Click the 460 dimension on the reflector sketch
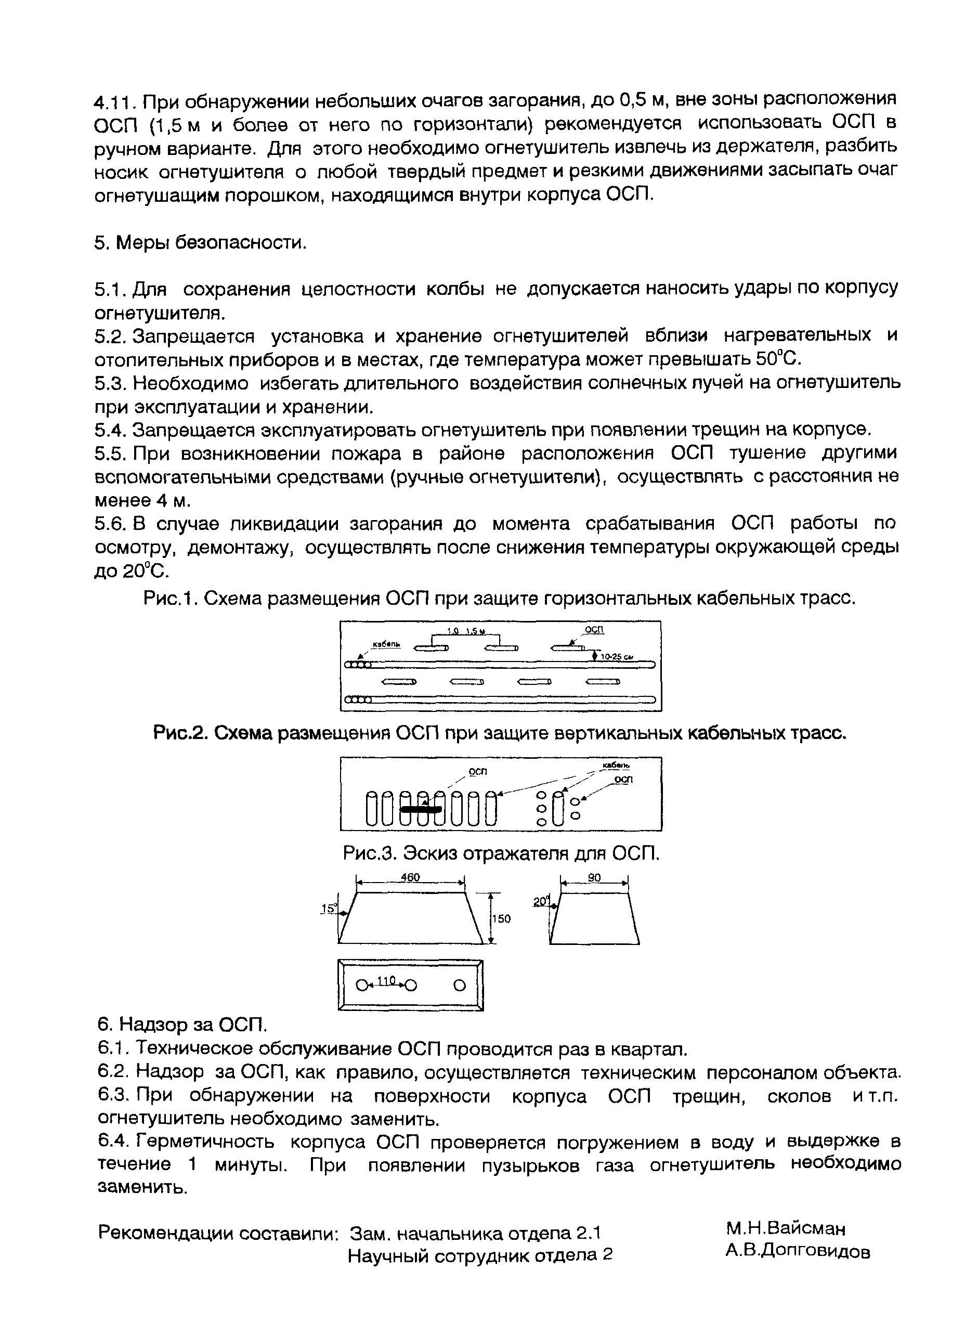click(410, 877)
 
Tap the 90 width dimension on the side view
click(594, 877)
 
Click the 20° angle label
click(541, 902)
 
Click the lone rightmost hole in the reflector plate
click(460, 986)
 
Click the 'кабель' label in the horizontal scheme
click(386, 644)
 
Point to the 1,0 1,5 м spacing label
click(467, 631)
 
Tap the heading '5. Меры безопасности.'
click(200, 242)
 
